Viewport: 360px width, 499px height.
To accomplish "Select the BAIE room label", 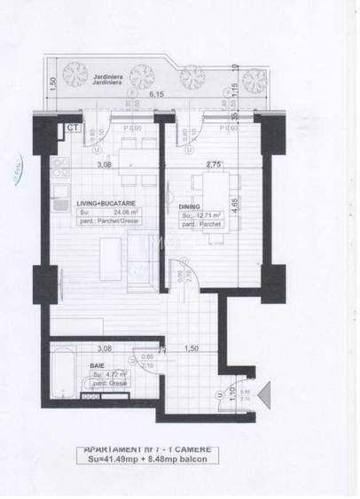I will click(x=97, y=364).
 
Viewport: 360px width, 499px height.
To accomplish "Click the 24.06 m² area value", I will click(x=109, y=213).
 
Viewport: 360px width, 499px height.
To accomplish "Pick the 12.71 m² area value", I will click(x=207, y=215).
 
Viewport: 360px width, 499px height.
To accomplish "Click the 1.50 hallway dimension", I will click(x=189, y=348).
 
